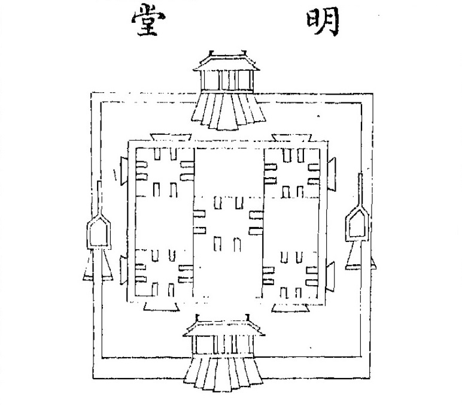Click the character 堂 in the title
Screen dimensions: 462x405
pos(148,20)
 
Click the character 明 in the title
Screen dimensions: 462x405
pos(323,21)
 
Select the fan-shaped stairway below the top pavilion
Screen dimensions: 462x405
pos(228,111)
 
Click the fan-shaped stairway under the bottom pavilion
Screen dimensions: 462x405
pos(223,374)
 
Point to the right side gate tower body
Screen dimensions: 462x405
pos(357,223)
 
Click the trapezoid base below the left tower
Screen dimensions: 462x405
pos(98,265)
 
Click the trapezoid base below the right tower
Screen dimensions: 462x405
pos(360,255)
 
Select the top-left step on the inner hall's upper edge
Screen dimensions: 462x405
pos(171,137)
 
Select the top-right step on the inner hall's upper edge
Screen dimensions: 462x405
pos(291,138)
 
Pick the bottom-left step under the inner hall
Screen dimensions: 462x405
pos(162,307)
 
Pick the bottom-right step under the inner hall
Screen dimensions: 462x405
pos(290,308)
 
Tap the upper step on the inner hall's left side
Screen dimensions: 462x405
pos(124,171)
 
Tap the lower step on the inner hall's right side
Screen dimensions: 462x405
pos(330,276)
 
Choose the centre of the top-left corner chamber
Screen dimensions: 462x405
pos(165,172)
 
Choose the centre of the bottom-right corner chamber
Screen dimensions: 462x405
pos(290,274)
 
